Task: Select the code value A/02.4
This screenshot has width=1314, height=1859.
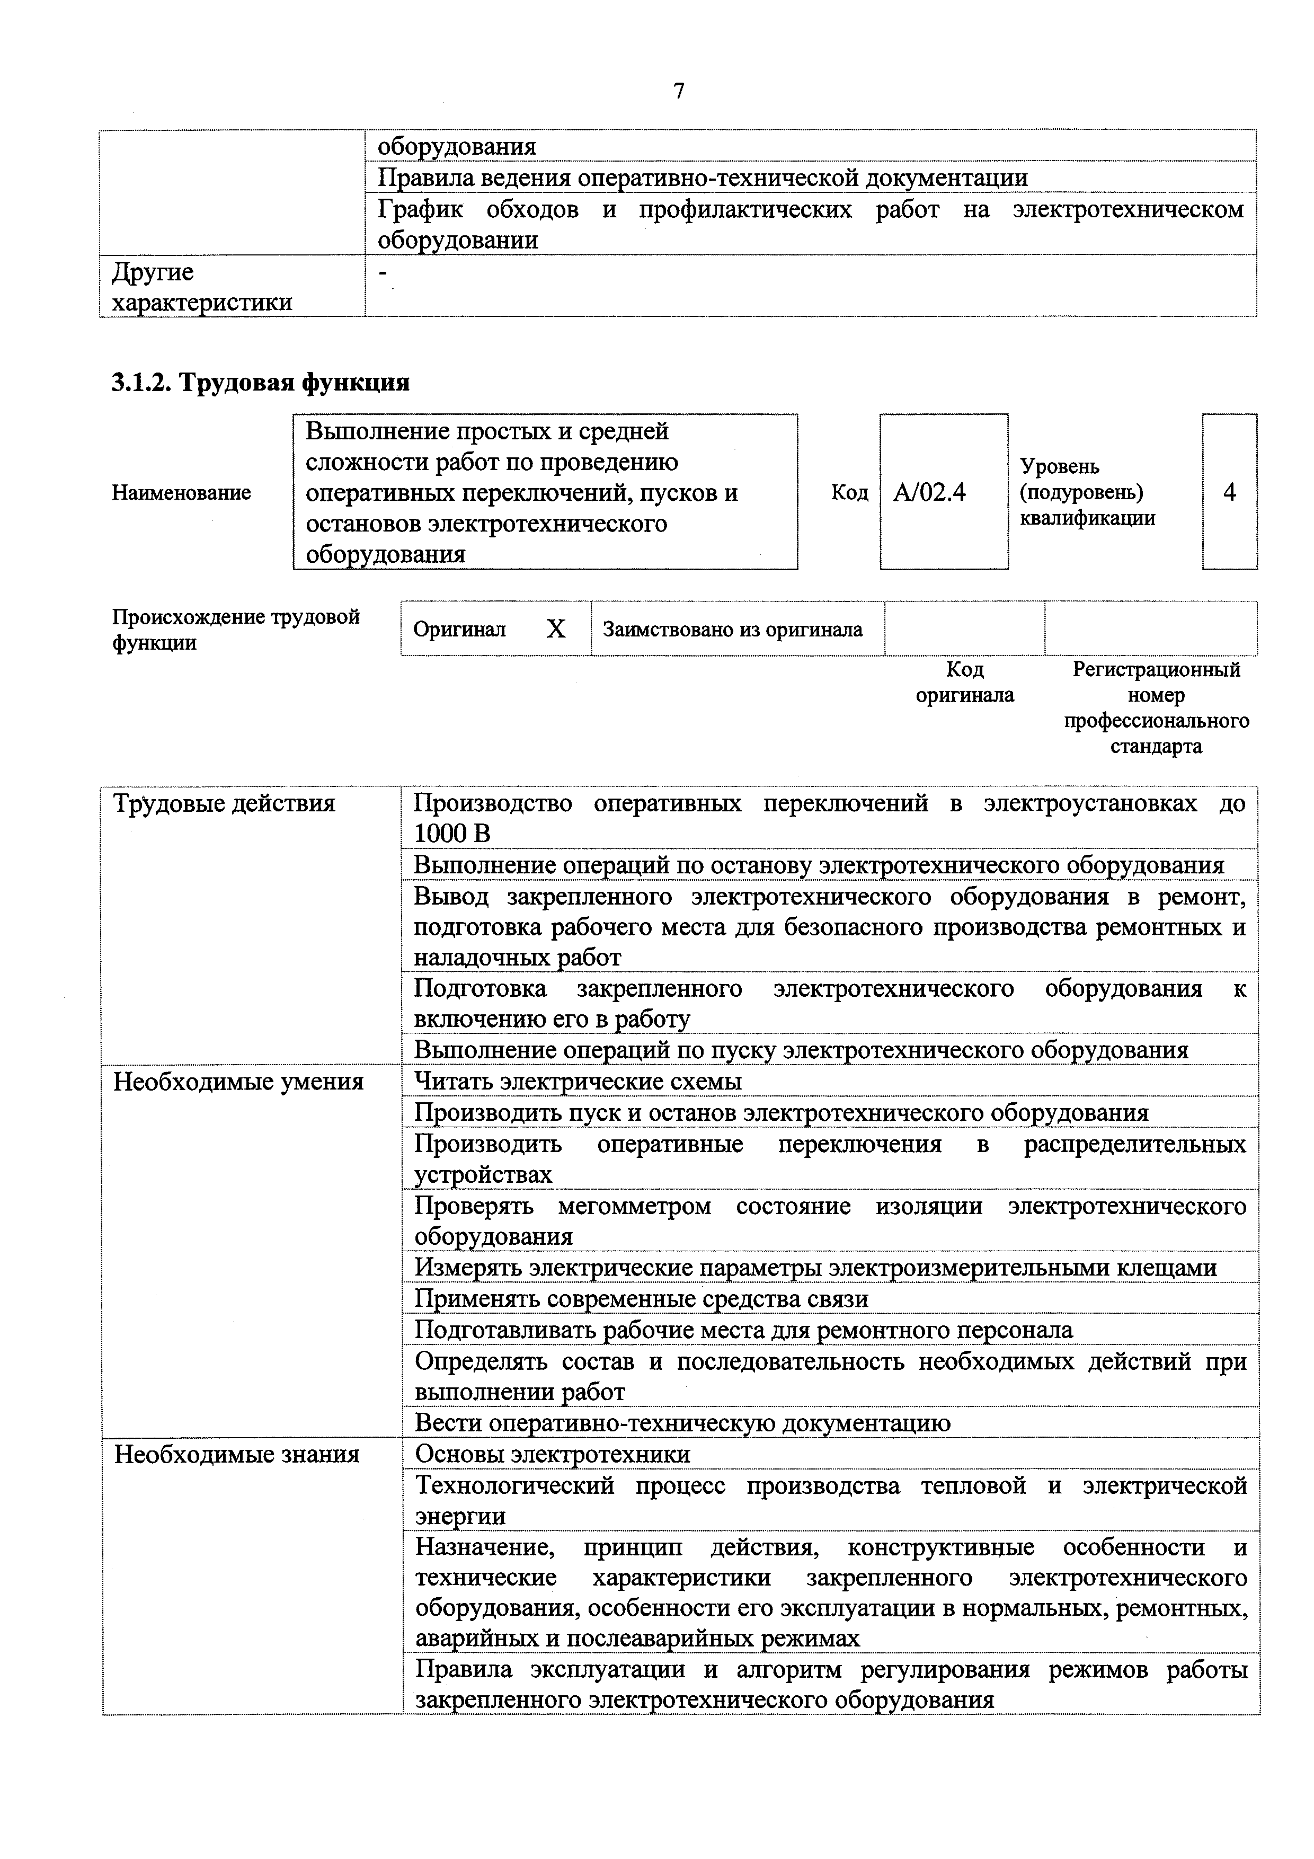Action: (x=929, y=492)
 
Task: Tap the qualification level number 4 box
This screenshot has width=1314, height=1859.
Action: (x=1229, y=492)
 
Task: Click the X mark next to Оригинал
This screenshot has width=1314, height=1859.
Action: (x=555, y=629)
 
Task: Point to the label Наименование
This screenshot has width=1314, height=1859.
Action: (x=181, y=492)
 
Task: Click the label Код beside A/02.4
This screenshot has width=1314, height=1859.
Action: (x=849, y=492)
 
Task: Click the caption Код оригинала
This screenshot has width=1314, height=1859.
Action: (x=964, y=681)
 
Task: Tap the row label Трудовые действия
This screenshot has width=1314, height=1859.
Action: (x=224, y=804)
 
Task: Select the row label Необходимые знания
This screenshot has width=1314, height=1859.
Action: (x=236, y=1454)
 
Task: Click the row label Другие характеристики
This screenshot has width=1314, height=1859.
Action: (x=201, y=287)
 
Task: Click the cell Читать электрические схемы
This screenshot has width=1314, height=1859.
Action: (x=578, y=1082)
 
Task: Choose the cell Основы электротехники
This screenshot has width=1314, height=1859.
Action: (x=552, y=1454)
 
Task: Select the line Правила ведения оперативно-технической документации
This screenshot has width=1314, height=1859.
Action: (x=703, y=178)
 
